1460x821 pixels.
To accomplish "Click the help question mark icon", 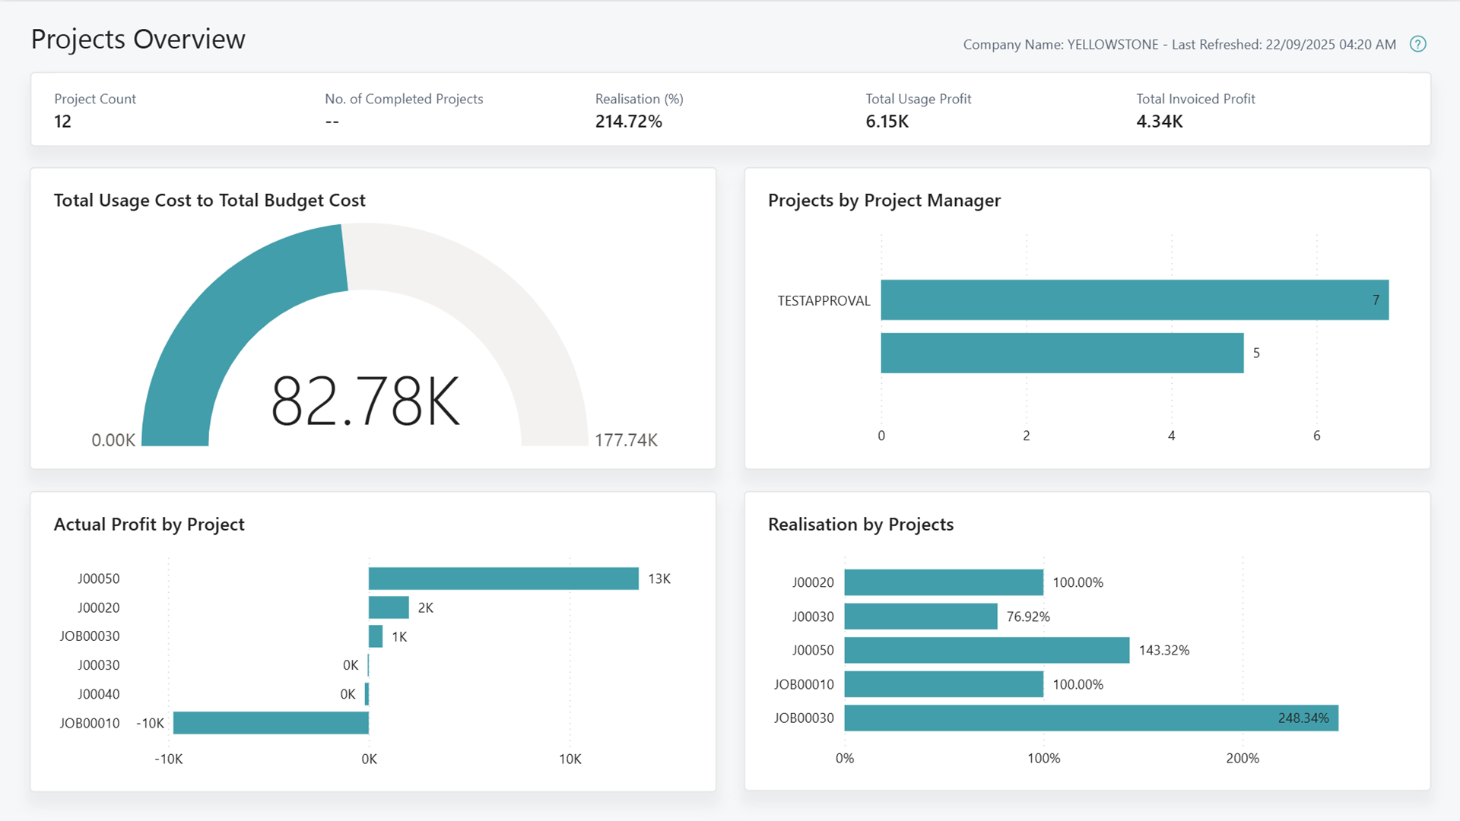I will pyautogui.click(x=1417, y=44).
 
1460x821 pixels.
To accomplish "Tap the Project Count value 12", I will pyautogui.click(x=62, y=122).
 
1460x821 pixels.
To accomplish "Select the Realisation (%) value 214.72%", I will pyautogui.click(x=628, y=122).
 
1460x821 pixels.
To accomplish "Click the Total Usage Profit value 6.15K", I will pyautogui.click(x=887, y=122).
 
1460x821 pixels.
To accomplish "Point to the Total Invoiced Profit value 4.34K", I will pyautogui.click(x=1159, y=122).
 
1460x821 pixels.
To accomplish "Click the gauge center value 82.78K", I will pyautogui.click(x=366, y=401).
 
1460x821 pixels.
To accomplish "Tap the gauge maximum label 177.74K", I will pyautogui.click(x=626, y=440).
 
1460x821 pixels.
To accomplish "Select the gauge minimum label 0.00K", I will pyautogui.click(x=113, y=440).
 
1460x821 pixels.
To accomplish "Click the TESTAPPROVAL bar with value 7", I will pyautogui.click(x=1133, y=300).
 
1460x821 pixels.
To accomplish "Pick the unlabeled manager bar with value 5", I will pyautogui.click(x=1062, y=353).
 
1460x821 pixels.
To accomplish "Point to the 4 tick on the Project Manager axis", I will pyautogui.click(x=1171, y=436).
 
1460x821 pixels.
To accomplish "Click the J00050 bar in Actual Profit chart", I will pyautogui.click(x=503, y=579).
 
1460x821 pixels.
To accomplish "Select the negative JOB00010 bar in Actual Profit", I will pyautogui.click(x=271, y=723).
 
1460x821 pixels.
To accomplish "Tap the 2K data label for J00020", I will pyautogui.click(x=426, y=607).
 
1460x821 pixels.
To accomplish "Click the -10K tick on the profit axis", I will pyautogui.click(x=168, y=759).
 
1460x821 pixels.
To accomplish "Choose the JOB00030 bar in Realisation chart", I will pyautogui.click(x=1090, y=718).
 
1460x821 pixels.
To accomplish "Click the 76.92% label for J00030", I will pyautogui.click(x=1028, y=617).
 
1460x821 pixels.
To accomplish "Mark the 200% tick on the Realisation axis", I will pyautogui.click(x=1243, y=758).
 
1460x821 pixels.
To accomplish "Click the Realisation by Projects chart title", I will pyautogui.click(x=860, y=524).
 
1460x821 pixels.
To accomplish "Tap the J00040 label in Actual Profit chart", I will pyautogui.click(x=98, y=694).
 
